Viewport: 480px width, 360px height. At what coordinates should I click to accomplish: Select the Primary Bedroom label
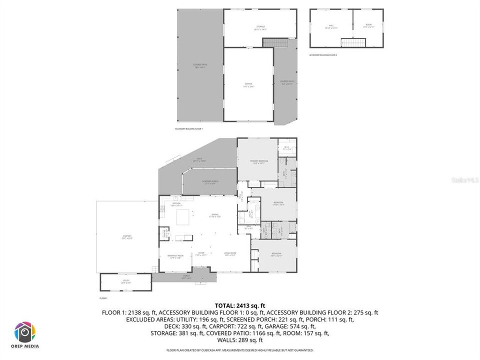click(259, 161)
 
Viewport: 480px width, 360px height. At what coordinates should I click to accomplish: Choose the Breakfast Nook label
click(175, 256)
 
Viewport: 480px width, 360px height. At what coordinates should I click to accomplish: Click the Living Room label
click(230, 254)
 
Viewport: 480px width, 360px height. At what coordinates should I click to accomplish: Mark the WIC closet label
click(286, 148)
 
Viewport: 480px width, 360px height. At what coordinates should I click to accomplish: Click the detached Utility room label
click(126, 281)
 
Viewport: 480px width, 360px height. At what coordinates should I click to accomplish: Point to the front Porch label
click(186, 277)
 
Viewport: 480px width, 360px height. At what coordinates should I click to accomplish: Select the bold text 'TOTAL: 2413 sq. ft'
click(240, 305)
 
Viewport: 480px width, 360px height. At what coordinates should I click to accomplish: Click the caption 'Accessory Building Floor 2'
click(323, 55)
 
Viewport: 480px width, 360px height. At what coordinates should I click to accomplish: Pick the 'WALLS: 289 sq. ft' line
click(240, 340)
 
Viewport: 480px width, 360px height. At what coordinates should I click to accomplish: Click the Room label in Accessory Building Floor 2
click(368, 26)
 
